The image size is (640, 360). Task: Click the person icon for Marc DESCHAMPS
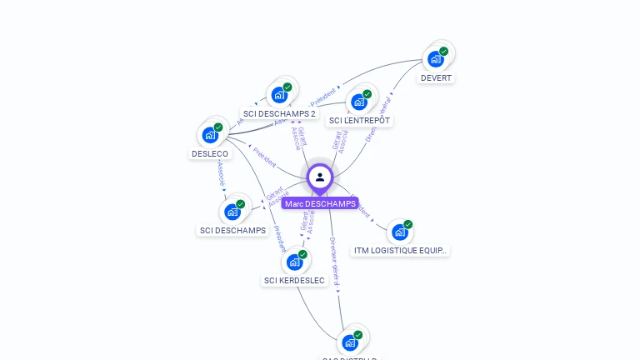[320, 177]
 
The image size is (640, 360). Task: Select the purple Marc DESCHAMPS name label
[320, 203]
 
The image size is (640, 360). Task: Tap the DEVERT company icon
[435, 58]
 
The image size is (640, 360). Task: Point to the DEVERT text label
[436, 78]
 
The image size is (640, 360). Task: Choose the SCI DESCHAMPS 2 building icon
[279, 94]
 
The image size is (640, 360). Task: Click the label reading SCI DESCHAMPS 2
[279, 114]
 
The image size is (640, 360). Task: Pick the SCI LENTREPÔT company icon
[359, 102]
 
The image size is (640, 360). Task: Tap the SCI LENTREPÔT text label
[359, 121]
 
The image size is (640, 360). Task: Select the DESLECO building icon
[210, 134]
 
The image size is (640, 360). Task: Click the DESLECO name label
[210, 154]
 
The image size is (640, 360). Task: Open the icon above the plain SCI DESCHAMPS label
[232, 212]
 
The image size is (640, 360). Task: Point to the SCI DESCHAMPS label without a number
[232, 231]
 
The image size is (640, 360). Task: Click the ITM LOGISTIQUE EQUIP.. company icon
[399, 232]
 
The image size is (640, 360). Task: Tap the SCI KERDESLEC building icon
[294, 262]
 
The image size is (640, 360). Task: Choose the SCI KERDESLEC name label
[294, 281]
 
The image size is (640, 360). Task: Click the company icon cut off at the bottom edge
[350, 342]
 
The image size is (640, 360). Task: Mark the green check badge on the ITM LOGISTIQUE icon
[408, 224]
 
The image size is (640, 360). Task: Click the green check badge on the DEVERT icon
[444, 51]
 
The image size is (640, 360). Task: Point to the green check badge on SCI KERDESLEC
[303, 254]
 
